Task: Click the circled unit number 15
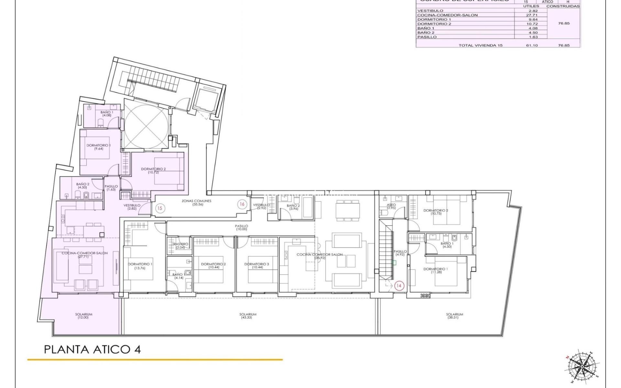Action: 160,208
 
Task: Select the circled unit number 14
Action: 399,286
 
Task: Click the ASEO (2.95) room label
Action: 391,206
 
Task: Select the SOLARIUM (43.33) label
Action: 248,316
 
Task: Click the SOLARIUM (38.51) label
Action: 454,316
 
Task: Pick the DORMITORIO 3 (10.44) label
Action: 257,265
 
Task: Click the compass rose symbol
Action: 581,366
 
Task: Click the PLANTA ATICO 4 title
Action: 92,350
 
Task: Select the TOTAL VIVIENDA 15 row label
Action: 480,45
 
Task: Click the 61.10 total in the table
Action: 532,45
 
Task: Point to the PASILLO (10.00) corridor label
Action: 241,227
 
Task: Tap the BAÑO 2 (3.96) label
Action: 293,207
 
